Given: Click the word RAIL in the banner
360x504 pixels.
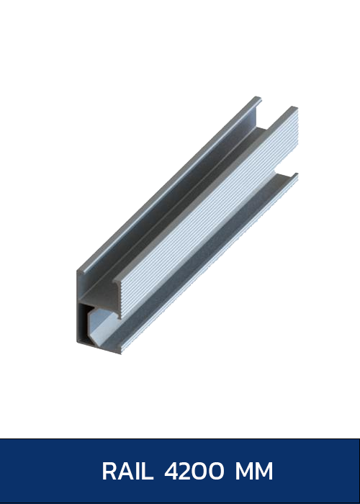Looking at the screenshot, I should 127,472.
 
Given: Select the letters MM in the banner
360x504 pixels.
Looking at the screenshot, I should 254,472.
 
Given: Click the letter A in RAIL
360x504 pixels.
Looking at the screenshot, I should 125,472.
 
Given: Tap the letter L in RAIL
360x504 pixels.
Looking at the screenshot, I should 147,472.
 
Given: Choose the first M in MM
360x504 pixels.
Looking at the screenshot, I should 244,472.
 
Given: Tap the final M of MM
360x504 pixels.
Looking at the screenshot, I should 264,472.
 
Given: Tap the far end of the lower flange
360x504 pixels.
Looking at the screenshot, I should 295,175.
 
